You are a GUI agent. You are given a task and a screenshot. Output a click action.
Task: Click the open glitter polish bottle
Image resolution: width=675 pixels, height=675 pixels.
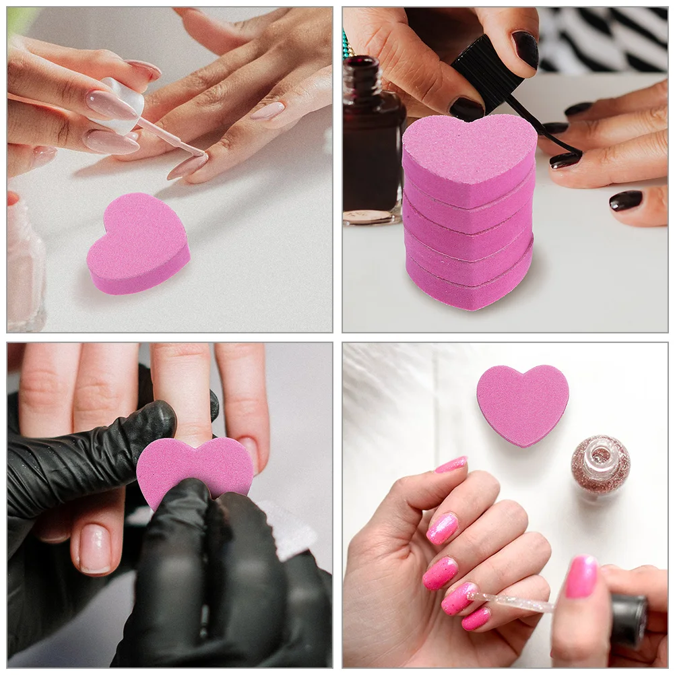(600, 464)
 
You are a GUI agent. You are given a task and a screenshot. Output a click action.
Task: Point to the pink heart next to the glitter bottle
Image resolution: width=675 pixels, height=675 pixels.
(522, 404)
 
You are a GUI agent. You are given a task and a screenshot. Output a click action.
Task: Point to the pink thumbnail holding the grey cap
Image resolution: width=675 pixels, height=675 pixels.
(581, 576)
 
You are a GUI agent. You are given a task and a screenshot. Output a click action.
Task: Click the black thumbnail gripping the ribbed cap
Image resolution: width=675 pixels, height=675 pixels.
(466, 108)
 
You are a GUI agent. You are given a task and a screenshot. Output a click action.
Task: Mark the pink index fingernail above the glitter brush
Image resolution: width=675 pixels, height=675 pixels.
(458, 598)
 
